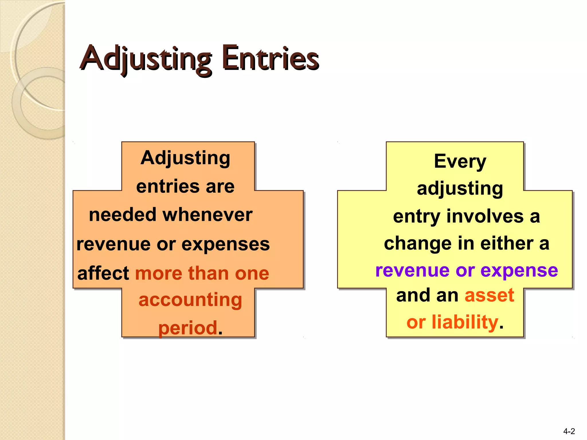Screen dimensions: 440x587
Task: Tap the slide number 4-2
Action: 569,431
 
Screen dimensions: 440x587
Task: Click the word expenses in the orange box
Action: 226,244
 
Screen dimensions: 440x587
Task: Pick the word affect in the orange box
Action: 103,273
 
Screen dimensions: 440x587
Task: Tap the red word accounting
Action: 190,300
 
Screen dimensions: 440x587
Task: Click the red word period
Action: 188,328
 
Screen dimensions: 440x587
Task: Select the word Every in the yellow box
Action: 460,161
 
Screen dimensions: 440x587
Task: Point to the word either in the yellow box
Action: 507,243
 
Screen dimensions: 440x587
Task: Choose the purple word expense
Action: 519,270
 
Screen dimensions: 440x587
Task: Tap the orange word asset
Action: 489,295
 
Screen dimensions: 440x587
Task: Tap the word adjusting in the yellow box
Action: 460,189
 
